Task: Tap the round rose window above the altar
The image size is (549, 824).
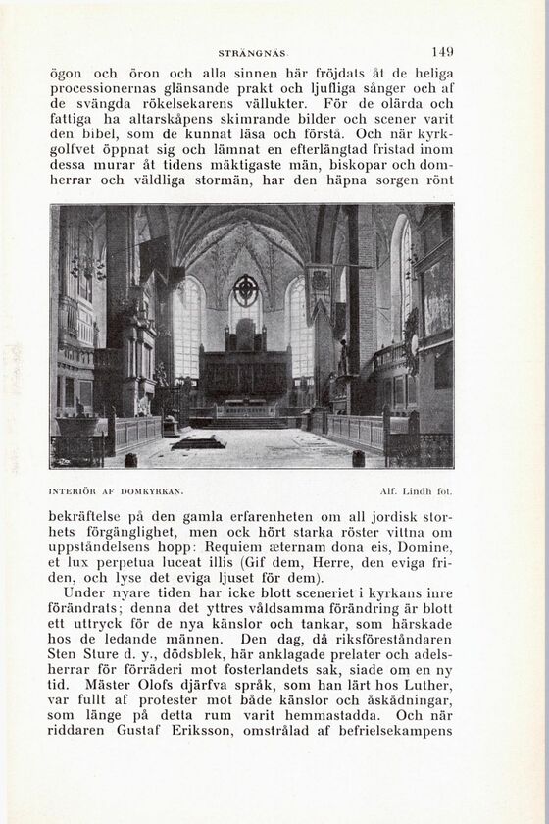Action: [245, 289]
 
